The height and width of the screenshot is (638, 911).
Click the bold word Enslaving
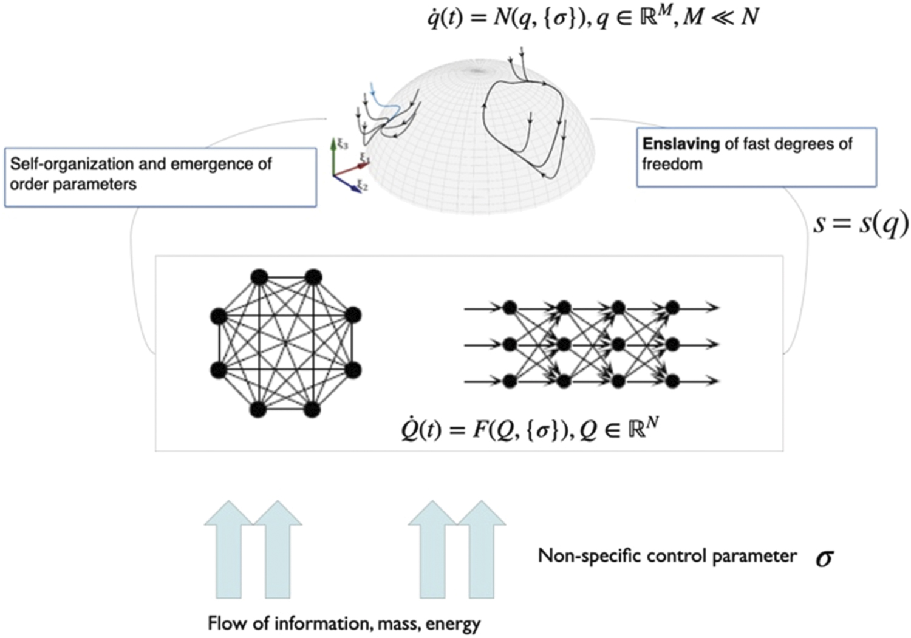click(680, 144)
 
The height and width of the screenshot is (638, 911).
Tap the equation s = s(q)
click(861, 223)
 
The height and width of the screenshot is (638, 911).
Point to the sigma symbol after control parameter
click(824, 557)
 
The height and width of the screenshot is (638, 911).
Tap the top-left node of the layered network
click(510, 308)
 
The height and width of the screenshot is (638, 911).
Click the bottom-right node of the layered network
click(672, 381)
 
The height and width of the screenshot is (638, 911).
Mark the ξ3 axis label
click(343, 144)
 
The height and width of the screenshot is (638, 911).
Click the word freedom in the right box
click(672, 164)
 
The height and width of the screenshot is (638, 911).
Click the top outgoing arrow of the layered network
click(705, 308)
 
